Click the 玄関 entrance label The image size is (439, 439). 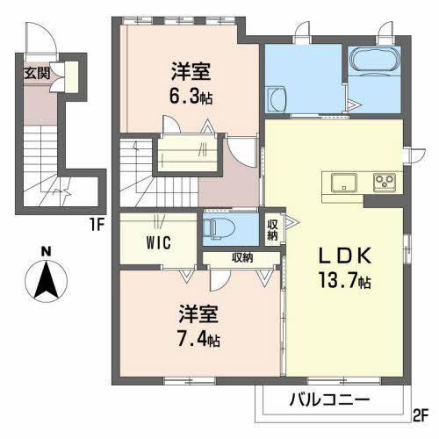pyautogui.click(x=37, y=72)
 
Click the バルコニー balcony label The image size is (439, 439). pyautogui.click(x=329, y=399)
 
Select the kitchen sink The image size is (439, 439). pyautogui.click(x=342, y=182)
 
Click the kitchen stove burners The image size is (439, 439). pyautogui.click(x=385, y=183)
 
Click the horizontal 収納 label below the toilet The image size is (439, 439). pyautogui.click(x=243, y=257)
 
